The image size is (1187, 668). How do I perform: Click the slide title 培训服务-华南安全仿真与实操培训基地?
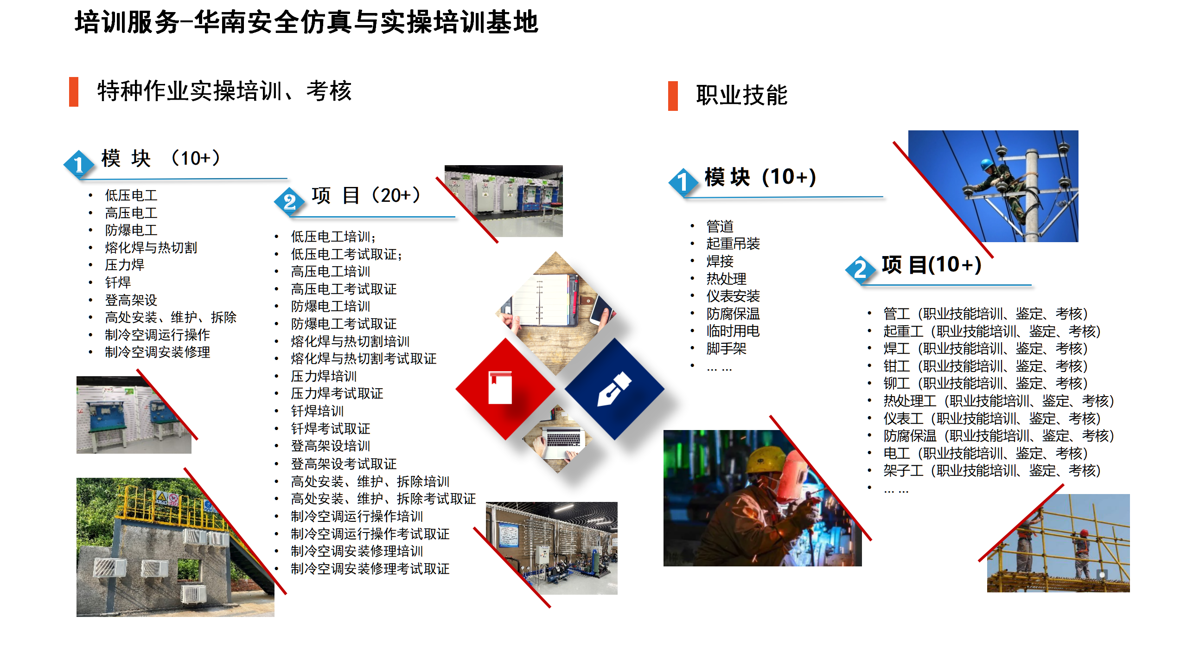[x=306, y=22]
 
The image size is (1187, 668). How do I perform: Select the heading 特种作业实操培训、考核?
[x=224, y=91]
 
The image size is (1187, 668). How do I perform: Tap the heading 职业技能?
[x=742, y=95]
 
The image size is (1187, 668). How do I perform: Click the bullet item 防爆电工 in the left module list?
[x=131, y=230]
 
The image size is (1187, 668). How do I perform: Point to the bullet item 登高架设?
[x=131, y=300]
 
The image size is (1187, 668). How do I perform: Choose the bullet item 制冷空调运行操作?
[x=158, y=334]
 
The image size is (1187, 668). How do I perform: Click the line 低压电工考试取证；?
[x=347, y=254]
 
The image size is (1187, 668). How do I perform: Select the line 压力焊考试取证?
[x=337, y=393]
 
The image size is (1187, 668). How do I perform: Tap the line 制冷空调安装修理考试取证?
[x=370, y=569]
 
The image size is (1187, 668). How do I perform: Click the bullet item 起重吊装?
[x=733, y=244]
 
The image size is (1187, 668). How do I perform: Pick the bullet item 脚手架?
[x=727, y=348]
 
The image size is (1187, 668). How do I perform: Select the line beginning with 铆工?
[x=985, y=383]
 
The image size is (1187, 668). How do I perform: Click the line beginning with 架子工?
[x=992, y=470]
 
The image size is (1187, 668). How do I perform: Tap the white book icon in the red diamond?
[x=500, y=387]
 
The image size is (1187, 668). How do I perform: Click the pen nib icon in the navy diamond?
[x=614, y=389]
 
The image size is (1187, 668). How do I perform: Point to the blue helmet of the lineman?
[x=987, y=164]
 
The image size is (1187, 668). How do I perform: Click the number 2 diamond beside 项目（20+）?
[x=289, y=201]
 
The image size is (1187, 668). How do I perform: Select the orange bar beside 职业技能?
[x=673, y=96]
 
